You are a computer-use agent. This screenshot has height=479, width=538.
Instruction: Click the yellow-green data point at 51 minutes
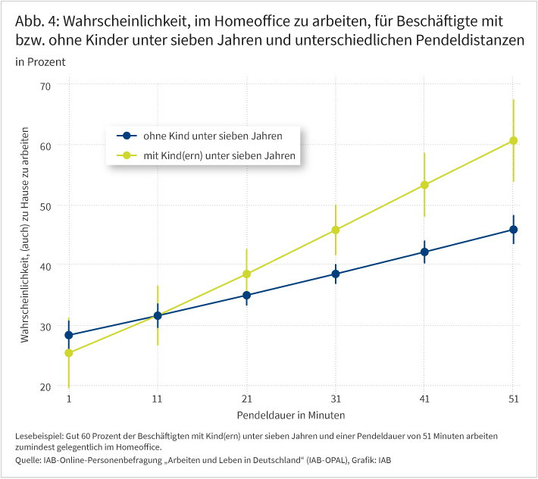(x=513, y=140)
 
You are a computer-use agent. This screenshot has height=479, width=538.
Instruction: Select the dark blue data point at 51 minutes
(x=513, y=230)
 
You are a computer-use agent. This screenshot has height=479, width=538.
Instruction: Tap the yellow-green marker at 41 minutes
(x=424, y=185)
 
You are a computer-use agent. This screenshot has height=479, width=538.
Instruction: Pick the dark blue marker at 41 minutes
(x=424, y=252)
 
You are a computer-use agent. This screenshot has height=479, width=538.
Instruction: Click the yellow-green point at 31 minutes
(x=336, y=230)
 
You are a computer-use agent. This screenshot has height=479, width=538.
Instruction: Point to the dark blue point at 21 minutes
(x=246, y=296)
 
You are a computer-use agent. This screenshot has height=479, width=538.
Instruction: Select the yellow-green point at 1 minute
(x=69, y=353)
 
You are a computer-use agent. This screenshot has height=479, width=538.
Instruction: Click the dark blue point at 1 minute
(x=69, y=335)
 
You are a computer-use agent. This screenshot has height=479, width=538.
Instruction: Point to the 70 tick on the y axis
(x=45, y=86)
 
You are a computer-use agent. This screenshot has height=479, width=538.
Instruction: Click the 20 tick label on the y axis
(x=45, y=387)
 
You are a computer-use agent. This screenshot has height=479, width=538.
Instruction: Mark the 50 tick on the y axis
(x=45, y=206)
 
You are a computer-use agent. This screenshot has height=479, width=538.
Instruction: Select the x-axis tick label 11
(x=158, y=399)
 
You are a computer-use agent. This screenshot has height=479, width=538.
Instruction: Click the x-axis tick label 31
(x=336, y=399)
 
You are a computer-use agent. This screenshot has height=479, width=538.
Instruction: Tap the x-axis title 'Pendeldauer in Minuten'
(x=291, y=415)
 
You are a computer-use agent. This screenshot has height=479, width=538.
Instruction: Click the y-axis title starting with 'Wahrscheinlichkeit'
(x=25, y=235)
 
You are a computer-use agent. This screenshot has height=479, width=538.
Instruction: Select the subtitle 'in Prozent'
(x=40, y=61)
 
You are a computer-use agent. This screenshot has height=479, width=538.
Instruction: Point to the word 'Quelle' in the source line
(x=29, y=460)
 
